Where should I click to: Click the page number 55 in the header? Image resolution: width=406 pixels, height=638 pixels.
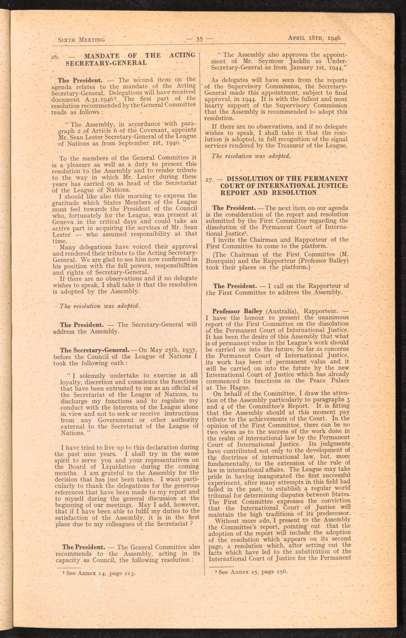(x=199, y=39)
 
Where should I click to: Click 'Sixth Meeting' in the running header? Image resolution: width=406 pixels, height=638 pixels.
(x=82, y=40)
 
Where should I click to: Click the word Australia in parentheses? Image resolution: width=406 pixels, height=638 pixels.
(x=281, y=311)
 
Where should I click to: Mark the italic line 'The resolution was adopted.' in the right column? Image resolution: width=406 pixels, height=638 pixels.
(x=251, y=156)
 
